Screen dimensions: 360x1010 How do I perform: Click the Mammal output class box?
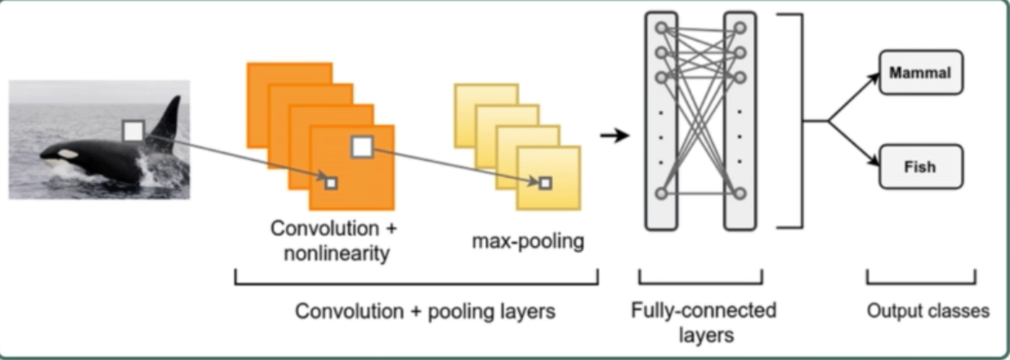pos(921,73)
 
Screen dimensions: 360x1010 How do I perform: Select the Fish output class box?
pos(921,167)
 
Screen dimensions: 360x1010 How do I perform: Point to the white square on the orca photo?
pos(133,131)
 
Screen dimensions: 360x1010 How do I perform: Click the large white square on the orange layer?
pos(362,147)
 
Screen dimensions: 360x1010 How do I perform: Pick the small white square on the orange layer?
pos(332,182)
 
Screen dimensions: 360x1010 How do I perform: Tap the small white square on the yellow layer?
pos(545,182)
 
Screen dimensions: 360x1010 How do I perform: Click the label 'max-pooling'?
pos(527,241)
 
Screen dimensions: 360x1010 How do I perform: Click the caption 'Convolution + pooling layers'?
pos(424,311)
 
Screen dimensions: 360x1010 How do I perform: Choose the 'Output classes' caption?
pos(926,310)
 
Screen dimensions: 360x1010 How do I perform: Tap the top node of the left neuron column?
pos(660,28)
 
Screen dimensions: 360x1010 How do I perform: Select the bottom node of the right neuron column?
pos(739,193)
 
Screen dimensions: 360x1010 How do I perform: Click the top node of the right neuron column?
pos(739,28)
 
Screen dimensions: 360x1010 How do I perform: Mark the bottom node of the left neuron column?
pos(660,193)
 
